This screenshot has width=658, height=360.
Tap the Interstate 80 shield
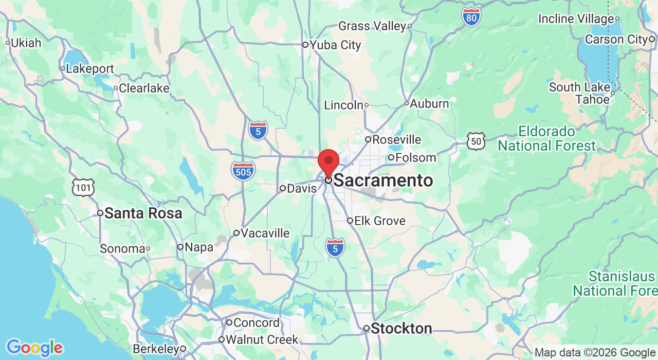[471, 17]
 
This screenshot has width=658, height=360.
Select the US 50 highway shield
[476, 141]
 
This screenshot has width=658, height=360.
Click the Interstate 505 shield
[243, 170]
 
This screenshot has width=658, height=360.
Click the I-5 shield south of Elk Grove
[335, 248]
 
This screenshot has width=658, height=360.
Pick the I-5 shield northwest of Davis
[258, 131]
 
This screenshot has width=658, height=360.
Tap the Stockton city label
[401, 329]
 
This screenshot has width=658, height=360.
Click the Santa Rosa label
[143, 213]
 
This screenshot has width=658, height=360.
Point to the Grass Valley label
[372, 26]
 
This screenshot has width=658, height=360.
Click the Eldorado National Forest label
[546, 138]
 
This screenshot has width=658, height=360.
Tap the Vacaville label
[265, 233]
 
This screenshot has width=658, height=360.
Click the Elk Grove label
[380, 221]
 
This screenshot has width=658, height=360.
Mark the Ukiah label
[26, 43]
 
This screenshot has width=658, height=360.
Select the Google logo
[34, 348]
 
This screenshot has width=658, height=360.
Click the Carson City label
[616, 40]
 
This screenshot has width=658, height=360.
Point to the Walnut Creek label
[262, 340]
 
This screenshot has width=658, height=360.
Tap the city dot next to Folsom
[391, 157]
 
